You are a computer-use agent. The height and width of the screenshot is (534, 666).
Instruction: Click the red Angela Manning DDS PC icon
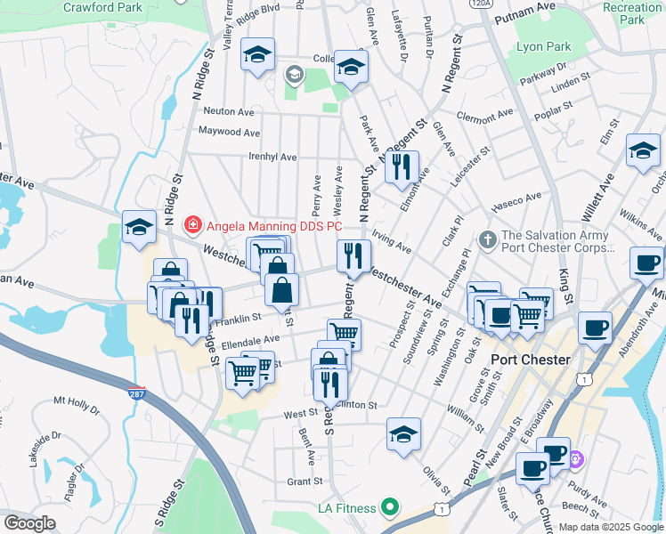point(191,226)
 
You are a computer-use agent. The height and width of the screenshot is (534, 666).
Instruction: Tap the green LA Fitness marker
point(389,508)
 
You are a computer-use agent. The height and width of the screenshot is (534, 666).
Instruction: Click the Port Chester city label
point(531,360)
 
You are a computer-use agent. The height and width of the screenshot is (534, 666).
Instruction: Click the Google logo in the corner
point(29,522)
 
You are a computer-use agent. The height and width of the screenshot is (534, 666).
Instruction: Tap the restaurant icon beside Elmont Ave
point(402,166)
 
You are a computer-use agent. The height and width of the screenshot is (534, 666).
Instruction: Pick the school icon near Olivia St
point(403,434)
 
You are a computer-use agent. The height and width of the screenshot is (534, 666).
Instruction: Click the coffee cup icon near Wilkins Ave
point(646,263)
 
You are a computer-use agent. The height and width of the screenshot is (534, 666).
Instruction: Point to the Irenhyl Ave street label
point(272,157)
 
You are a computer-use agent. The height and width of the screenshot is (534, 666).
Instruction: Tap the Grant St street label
point(304,481)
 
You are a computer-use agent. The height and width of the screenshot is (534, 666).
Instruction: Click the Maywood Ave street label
point(229,132)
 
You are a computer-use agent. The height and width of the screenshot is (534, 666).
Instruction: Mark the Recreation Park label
point(631,12)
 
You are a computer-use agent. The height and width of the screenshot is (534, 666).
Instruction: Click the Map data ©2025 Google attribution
point(609,527)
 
